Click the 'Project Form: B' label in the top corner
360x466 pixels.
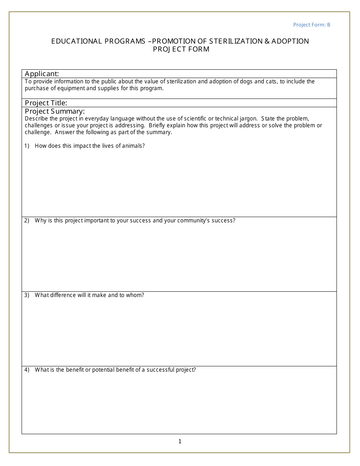311,25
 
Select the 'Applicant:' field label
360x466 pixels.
42,73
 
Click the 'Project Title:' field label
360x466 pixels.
46,103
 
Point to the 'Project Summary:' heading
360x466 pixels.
55,111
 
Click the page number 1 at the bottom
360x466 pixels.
180,441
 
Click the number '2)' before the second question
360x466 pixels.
27,220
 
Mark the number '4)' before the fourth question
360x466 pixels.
27,370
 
